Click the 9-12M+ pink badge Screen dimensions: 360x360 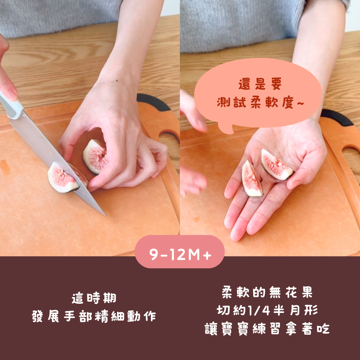point(180,252)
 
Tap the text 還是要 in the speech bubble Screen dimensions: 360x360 point(260,84)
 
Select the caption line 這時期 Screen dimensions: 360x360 point(94,298)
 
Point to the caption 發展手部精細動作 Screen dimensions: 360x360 point(94,316)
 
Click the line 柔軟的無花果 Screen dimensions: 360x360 point(267,292)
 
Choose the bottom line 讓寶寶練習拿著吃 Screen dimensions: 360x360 point(267,329)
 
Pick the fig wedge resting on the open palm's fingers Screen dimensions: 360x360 point(252,179)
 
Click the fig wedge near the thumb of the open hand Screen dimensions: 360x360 point(276,164)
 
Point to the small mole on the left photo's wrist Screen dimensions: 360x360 point(117,81)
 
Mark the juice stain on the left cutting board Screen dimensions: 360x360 point(5,167)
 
